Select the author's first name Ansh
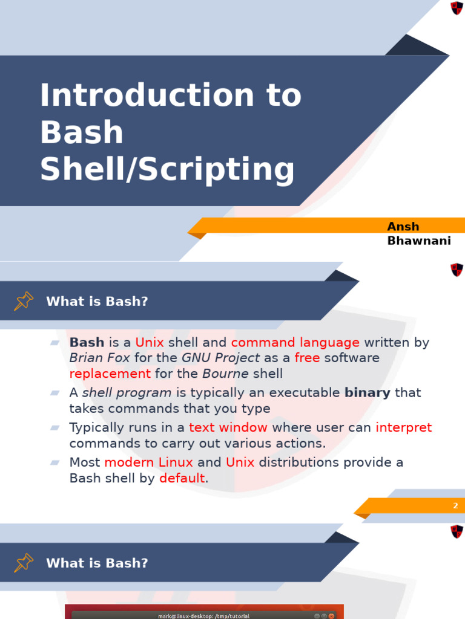pos(403,227)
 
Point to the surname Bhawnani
pos(419,241)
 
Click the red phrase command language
pos(295,343)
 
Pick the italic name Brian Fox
pos(99,358)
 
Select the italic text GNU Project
pos(220,358)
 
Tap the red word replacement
pos(110,374)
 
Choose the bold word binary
pos(368,393)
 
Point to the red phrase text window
pos(228,428)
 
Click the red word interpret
pos(403,428)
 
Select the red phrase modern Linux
pos(148,463)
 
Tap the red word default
pos(182,479)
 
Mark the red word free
pos(307,358)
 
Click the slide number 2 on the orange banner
pos(455,506)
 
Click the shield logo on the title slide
pos(457,8)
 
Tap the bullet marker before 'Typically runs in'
pos(55,427)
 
